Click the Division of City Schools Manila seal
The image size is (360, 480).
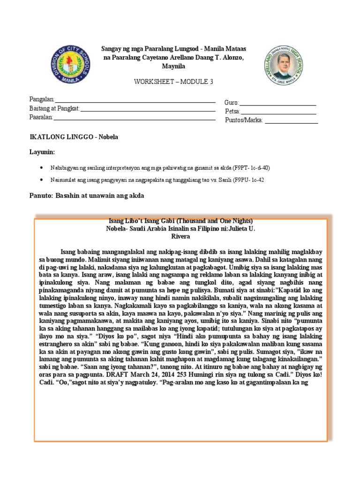pos(70,65)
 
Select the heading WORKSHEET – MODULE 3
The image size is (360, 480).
pos(173,82)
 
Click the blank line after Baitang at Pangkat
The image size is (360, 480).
pos(148,110)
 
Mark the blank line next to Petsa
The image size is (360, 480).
pos(278,113)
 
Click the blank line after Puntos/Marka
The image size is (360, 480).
pos(291,122)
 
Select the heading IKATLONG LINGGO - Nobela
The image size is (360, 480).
pos(74,137)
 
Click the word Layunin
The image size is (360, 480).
pos(42,152)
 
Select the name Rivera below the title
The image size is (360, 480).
pos(180,237)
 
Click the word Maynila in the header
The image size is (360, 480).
pos(173,66)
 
